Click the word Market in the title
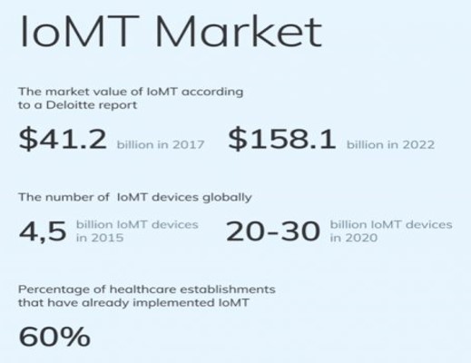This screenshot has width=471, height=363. (239, 32)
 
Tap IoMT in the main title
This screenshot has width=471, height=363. (79, 32)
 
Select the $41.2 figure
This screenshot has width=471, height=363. (63, 139)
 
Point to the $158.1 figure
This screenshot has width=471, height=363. (282, 139)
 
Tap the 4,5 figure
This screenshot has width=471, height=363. (43, 231)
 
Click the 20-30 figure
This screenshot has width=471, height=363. (273, 231)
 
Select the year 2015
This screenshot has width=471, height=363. (107, 238)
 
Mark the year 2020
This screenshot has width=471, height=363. (361, 238)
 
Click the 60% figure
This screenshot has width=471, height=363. (54, 337)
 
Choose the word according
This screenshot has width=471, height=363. (212, 92)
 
